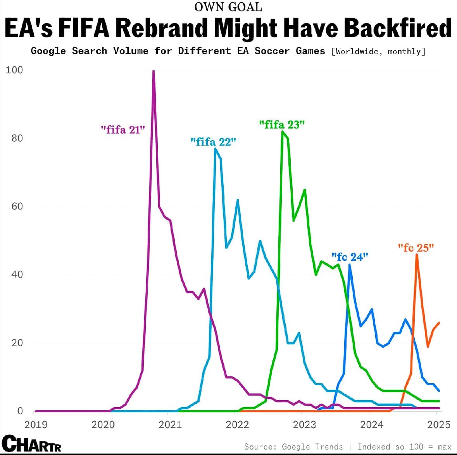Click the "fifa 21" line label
122,130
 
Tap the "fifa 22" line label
213,142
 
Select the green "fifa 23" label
282,125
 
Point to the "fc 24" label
349,257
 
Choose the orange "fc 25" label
416,248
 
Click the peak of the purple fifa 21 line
153,71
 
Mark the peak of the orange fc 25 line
417,255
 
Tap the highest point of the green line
283,132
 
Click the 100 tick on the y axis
14,70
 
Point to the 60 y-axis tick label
17,206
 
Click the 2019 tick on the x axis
36,424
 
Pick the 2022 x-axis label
237,424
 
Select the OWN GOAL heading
228,7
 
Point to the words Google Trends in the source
312,447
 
